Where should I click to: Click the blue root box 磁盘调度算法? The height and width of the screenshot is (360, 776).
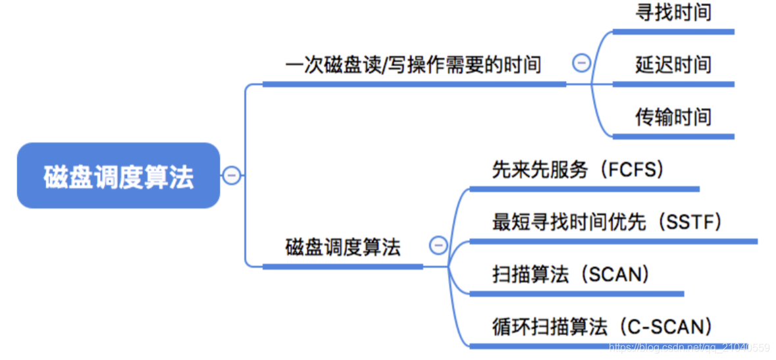tap(118, 176)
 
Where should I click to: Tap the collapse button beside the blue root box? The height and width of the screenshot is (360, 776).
tap(232, 176)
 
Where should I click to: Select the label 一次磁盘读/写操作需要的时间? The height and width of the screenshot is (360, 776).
tap(413, 65)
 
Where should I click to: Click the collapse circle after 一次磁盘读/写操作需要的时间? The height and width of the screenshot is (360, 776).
tap(582, 63)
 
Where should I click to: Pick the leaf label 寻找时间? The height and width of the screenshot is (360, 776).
tap(673, 12)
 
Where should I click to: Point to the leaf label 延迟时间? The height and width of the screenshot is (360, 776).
tap(673, 64)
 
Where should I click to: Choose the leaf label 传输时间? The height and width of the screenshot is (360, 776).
tap(673, 117)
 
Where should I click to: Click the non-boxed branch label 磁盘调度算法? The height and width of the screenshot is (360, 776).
tap(342, 247)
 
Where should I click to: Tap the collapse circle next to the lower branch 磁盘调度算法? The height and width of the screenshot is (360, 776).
tap(438, 245)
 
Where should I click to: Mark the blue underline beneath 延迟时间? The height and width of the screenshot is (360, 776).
tap(673, 84)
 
